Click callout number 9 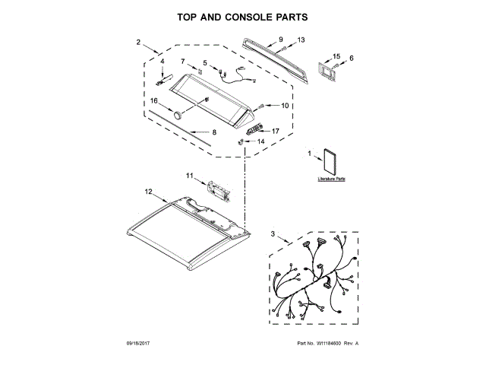[280, 39]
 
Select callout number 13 [301, 40]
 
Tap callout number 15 [337, 56]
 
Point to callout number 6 [351, 58]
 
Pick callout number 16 [153, 100]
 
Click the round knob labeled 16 [177, 115]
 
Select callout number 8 [214, 132]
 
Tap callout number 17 [275, 131]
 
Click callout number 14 [260, 141]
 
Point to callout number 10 [286, 106]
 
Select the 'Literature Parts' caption [331, 180]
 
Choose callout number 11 [191, 176]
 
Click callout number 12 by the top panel [149, 192]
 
